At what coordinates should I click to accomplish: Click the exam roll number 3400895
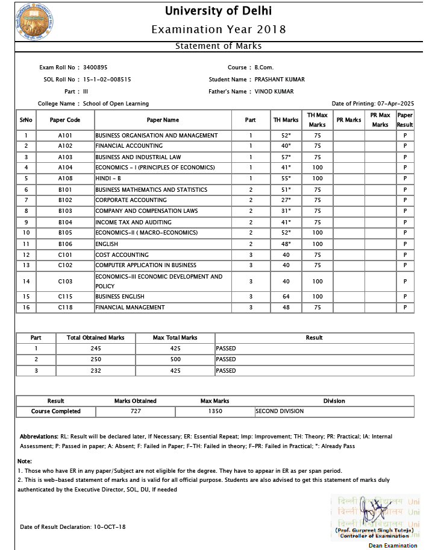point(95,68)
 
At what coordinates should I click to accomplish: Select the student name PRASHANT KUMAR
point(280,80)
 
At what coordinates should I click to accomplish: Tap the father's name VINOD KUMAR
point(274,92)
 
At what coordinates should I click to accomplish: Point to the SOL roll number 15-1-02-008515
point(107,80)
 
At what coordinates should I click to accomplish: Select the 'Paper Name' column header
point(163,120)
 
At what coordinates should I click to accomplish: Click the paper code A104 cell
point(65,168)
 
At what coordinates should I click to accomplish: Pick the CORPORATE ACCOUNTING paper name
point(131,200)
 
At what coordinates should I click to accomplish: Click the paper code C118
point(65,308)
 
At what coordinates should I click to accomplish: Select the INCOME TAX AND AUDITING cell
point(133,222)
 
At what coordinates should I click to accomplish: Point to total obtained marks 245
point(96,349)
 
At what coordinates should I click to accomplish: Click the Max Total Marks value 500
point(175,359)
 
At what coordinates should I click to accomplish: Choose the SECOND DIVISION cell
point(280,411)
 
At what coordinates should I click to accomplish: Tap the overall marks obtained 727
point(136,411)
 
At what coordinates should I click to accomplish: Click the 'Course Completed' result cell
point(56,411)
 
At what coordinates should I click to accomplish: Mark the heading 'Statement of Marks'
point(218,46)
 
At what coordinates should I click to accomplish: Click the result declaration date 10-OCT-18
point(110,526)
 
